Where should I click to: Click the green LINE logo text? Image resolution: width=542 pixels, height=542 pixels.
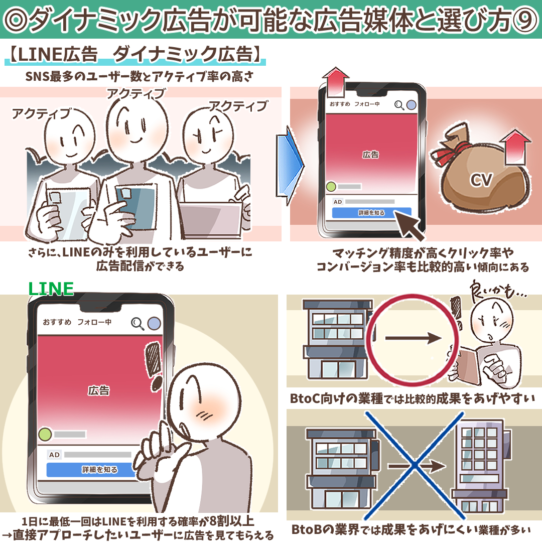(x=51, y=289)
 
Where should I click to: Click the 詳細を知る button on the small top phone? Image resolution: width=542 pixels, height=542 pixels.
(x=371, y=213)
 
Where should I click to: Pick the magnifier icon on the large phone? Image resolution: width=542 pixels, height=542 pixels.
(x=137, y=324)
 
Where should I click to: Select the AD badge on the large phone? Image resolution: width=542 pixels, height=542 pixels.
(x=54, y=455)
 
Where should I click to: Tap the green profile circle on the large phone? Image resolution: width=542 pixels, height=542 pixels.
(x=45, y=434)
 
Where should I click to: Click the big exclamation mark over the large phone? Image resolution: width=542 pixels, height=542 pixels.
(x=154, y=366)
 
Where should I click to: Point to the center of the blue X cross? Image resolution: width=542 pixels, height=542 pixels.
(x=414, y=465)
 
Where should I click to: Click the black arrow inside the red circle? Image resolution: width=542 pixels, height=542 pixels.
(x=414, y=338)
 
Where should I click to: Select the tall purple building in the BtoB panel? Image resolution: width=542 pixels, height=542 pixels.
(x=480, y=467)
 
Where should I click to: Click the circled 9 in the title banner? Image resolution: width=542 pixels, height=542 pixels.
(x=526, y=20)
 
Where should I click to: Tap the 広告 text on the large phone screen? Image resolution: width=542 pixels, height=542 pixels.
(x=99, y=390)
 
